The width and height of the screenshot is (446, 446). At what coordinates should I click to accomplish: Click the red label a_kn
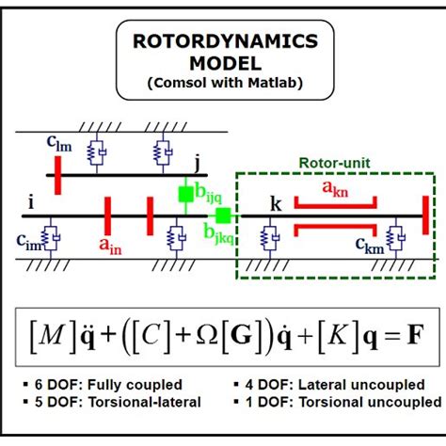tap(336, 188)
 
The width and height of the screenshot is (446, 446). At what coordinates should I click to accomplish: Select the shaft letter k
tap(275, 203)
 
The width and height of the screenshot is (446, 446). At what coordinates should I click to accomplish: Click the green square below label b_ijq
tap(187, 194)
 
